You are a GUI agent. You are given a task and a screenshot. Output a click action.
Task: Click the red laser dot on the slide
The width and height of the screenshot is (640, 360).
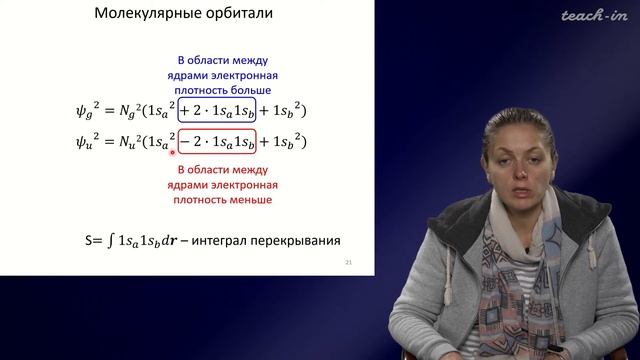(x=173, y=153)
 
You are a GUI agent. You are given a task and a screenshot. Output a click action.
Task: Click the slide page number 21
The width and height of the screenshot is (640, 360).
(x=348, y=262)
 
